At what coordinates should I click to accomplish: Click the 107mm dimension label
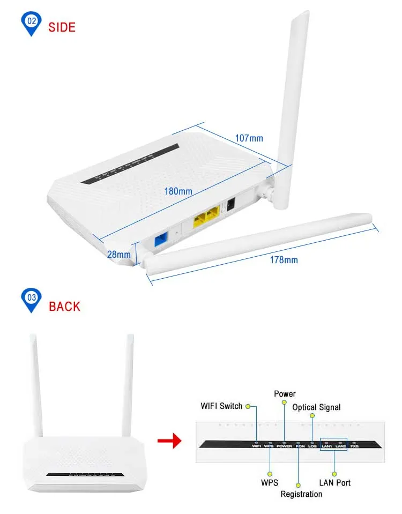point(249,138)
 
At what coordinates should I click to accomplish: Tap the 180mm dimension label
point(178,191)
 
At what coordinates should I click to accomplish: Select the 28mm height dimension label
point(118,255)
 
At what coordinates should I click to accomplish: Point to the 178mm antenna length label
point(284,260)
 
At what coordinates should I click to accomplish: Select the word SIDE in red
point(62,27)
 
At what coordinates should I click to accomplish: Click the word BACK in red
point(64,307)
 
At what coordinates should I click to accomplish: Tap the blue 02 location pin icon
point(31,23)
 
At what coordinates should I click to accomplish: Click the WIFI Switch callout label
point(221,406)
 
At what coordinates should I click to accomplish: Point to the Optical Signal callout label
point(316,407)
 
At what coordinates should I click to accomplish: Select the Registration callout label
point(301,494)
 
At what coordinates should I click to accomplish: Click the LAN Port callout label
point(335,483)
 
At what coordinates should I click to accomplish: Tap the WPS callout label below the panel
point(270,483)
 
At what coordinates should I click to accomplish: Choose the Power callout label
point(285,394)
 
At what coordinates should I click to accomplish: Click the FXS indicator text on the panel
point(354,445)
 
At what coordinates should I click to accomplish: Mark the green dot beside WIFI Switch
point(248,406)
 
